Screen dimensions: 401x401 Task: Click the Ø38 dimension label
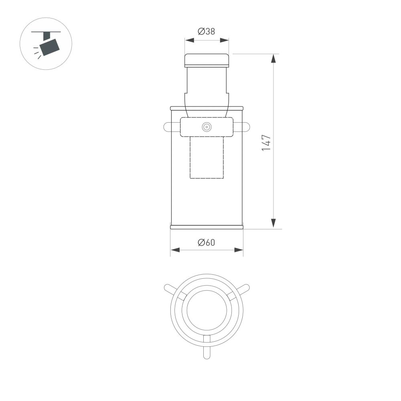click(x=207, y=31)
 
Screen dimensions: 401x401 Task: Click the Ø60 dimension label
click(x=207, y=242)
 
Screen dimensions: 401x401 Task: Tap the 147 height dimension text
click(x=266, y=143)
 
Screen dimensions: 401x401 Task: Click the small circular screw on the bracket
click(x=207, y=127)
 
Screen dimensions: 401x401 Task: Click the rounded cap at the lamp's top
click(x=207, y=60)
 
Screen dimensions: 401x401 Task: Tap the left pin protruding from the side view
click(x=168, y=127)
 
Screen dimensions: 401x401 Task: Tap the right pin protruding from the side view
click(x=245, y=127)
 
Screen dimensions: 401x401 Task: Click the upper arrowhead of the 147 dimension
click(x=273, y=59)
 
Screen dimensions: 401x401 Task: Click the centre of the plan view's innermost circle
click(x=207, y=309)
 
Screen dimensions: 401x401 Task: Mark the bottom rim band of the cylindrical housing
click(x=207, y=227)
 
